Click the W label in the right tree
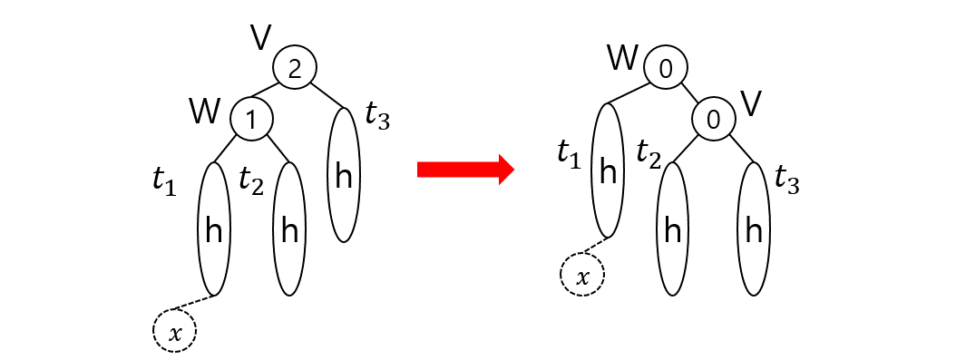[x=623, y=60]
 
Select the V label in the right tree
[x=751, y=104]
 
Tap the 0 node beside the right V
[x=715, y=118]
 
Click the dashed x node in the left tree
[x=176, y=333]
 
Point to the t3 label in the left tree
[x=376, y=116]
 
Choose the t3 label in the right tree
[x=787, y=181]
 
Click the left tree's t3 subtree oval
[x=344, y=176]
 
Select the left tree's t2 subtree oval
[x=289, y=229]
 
